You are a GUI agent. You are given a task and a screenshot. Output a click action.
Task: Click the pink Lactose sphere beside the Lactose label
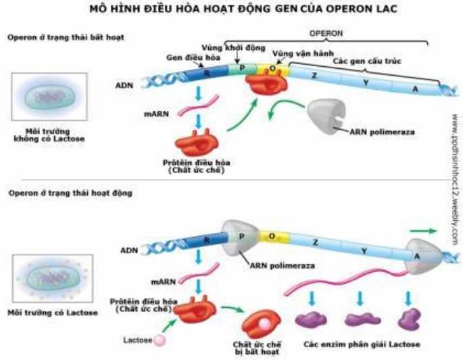pos(160,340)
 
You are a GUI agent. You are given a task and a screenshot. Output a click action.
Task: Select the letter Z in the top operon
pos(314,76)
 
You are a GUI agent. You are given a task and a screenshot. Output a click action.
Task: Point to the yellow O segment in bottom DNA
pos(272,236)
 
